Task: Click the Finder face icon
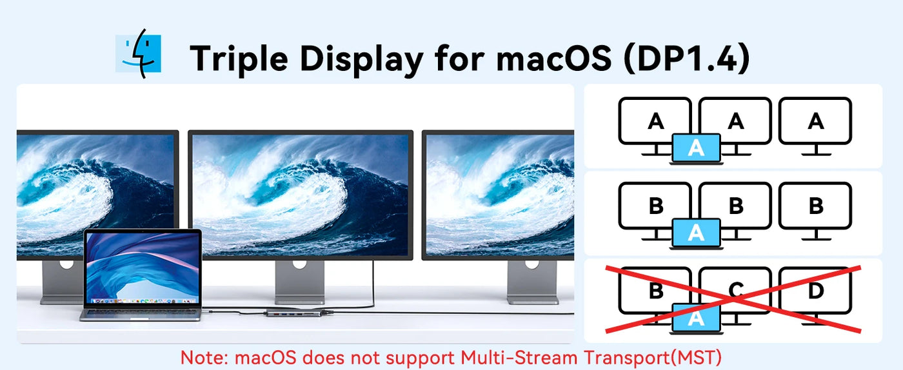click(x=138, y=54)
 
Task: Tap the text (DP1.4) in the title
click(x=686, y=58)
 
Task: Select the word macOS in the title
click(x=553, y=58)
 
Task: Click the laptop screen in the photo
click(x=143, y=268)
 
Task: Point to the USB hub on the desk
click(x=294, y=313)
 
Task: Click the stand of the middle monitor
click(x=299, y=282)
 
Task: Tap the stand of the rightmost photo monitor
click(x=533, y=282)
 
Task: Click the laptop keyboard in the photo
click(x=141, y=313)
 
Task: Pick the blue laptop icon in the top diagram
click(x=696, y=149)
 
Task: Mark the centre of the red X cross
click(x=733, y=300)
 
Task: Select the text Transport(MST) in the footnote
click(x=652, y=358)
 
